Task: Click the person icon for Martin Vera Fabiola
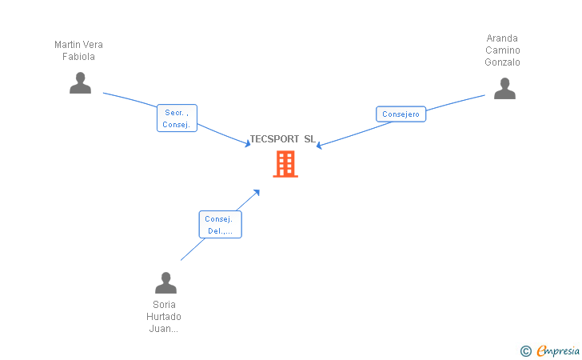tap(80, 83)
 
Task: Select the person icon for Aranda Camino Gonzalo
tap(504, 89)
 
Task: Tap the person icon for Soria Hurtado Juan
tap(165, 283)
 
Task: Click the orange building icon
tap(285, 164)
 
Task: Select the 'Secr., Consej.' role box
tap(177, 118)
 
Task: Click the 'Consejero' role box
tap(401, 114)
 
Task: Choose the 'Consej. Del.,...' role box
tap(220, 225)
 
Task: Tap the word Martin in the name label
tap(67, 45)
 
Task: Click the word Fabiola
tap(79, 57)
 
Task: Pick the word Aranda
tap(502, 38)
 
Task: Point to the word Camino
tap(502, 50)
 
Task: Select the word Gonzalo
tap(502, 62)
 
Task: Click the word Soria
tap(164, 305)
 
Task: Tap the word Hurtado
tap(164, 317)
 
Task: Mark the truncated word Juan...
tap(164, 329)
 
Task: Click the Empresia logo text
tap(558, 350)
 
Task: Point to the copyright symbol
tap(525, 350)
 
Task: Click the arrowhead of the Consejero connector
tap(319, 146)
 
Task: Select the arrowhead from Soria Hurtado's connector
tap(257, 192)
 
